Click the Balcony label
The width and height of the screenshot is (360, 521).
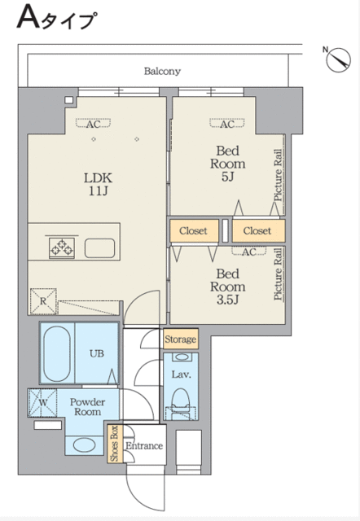(162, 71)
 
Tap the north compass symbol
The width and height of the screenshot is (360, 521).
(338, 59)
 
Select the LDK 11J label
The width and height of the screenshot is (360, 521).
(98, 184)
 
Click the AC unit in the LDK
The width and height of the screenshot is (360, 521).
(94, 124)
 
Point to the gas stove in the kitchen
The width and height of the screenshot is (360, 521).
(62, 247)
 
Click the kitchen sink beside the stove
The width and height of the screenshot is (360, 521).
(99, 247)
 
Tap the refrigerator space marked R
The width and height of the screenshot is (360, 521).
(43, 301)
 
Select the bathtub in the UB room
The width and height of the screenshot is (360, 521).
(57, 353)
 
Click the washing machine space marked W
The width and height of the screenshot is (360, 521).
(43, 403)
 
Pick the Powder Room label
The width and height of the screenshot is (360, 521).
(87, 407)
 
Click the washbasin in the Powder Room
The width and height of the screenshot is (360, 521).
(84, 445)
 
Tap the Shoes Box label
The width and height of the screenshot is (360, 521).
(115, 443)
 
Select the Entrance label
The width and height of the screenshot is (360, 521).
(144, 446)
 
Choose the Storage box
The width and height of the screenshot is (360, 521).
(181, 339)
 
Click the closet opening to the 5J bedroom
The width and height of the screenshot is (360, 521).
(259, 230)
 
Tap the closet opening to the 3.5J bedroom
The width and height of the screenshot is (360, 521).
(194, 230)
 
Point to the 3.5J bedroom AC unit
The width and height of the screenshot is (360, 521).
(249, 252)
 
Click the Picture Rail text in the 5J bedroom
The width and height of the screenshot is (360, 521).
(278, 175)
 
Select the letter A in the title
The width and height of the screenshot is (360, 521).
(29, 17)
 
